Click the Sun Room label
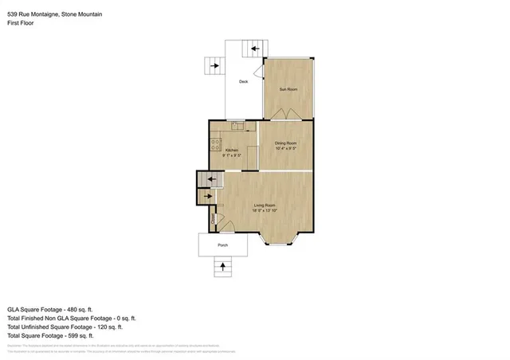288,89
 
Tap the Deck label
244,81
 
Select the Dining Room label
285,143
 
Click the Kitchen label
231,150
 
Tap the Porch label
223,245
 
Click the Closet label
214,216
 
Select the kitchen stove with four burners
214,144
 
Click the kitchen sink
237,125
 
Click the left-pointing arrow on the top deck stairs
255,49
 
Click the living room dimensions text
265,211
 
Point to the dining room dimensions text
285,149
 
